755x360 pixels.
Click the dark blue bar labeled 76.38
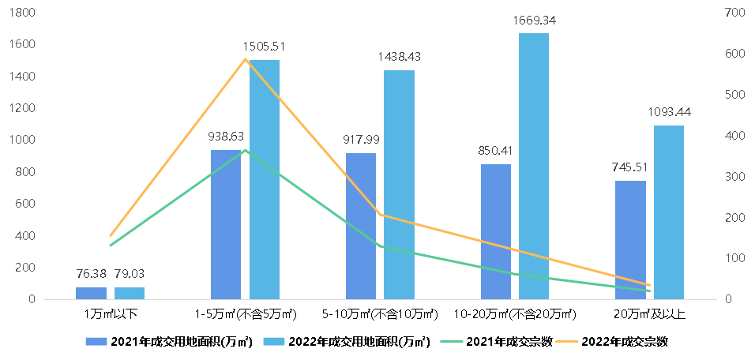click(x=91, y=293)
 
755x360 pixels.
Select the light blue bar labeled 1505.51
click(x=265, y=180)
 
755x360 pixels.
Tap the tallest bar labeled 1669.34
click(x=534, y=166)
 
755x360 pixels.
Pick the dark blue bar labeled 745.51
click(x=630, y=240)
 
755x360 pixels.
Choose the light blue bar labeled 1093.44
click(x=669, y=212)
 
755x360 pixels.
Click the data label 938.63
click(x=225, y=136)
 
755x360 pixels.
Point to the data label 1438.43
click(x=399, y=57)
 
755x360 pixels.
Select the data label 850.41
click(x=495, y=150)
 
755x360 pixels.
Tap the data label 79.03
click(x=130, y=274)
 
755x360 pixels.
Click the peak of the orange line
click(x=245, y=59)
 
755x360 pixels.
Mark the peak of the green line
click(x=245, y=150)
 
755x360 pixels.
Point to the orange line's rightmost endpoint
click(x=649, y=285)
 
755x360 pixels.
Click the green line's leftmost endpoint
click(x=111, y=246)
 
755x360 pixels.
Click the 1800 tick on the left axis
click(x=23, y=13)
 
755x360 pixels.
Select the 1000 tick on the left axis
click(x=23, y=140)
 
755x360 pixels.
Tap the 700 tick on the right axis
click(x=732, y=13)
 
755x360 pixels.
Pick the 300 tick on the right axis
click(x=732, y=177)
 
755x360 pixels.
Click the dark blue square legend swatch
click(x=96, y=341)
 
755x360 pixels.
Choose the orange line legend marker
click(x=566, y=341)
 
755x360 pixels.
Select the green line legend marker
click(x=452, y=341)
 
